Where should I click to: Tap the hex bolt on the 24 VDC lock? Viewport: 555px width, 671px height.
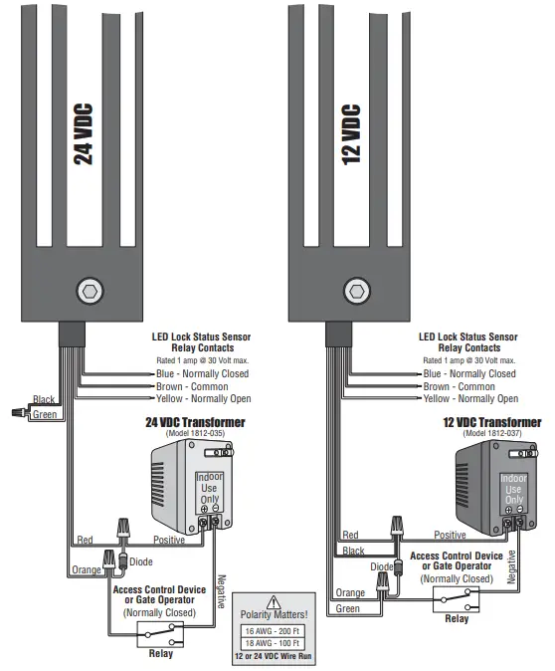(x=89, y=291)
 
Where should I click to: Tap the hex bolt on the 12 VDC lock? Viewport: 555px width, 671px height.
(x=356, y=291)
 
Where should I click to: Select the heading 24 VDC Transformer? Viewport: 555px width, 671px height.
(x=195, y=422)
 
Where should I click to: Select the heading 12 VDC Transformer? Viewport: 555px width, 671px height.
(x=492, y=422)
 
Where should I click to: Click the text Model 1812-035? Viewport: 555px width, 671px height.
(x=195, y=434)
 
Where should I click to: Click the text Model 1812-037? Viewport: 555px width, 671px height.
(x=492, y=434)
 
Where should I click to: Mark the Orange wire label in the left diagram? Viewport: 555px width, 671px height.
(x=87, y=570)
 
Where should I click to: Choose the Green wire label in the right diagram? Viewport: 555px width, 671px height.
(x=348, y=608)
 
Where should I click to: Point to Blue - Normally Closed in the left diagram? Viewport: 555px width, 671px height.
(x=202, y=373)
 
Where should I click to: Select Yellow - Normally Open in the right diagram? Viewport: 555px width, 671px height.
(x=469, y=398)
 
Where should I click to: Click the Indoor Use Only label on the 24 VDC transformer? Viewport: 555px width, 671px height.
(x=208, y=489)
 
